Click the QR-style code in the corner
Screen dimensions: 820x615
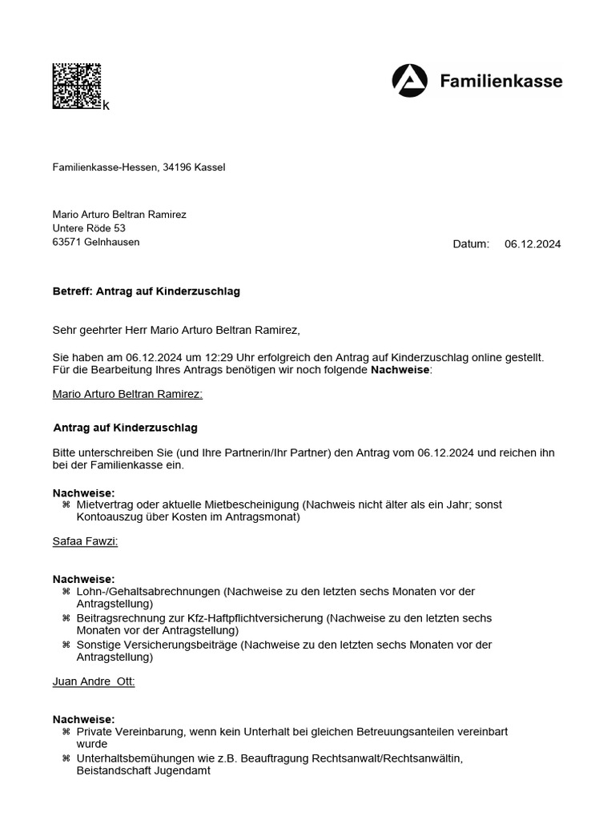pyautogui.click(x=77, y=86)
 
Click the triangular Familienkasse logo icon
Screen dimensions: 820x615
pyautogui.click(x=409, y=82)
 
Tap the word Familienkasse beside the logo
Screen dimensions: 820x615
pyautogui.click(x=501, y=81)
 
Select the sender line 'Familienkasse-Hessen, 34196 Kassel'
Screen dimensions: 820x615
pyautogui.click(x=139, y=167)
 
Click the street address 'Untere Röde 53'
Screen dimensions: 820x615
pyautogui.click(x=89, y=228)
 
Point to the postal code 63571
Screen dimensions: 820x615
pyautogui.click(x=66, y=242)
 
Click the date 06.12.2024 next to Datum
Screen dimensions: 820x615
pyautogui.click(x=533, y=244)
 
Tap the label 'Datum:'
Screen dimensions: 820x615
pyautogui.click(x=471, y=244)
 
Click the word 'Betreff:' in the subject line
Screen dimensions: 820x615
pyautogui.click(x=73, y=291)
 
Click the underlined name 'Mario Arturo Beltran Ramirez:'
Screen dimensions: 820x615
pyautogui.click(x=127, y=394)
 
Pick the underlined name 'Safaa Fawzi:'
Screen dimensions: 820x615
pyautogui.click(x=85, y=541)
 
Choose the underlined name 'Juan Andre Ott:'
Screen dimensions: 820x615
pyautogui.click(x=94, y=681)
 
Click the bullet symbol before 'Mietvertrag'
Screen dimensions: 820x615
pyautogui.click(x=66, y=505)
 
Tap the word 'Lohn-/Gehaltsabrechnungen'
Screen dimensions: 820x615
pyautogui.click(x=148, y=592)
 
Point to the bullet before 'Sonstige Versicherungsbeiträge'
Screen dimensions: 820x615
pyautogui.click(x=66, y=645)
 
